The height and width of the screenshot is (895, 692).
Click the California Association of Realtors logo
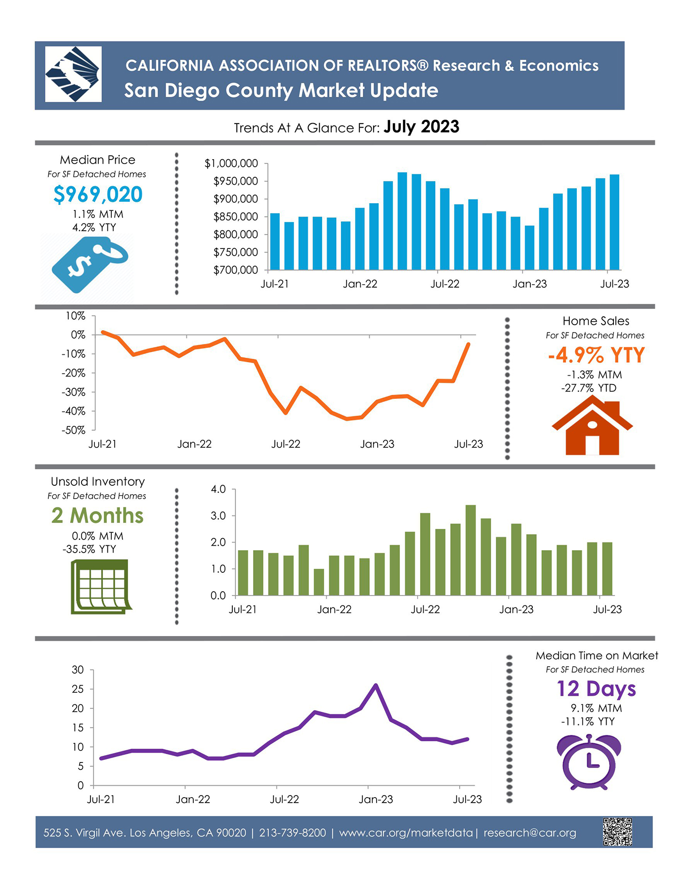(73, 74)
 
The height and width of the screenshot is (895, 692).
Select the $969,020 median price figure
(98, 194)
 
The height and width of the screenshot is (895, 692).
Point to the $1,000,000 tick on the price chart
(231, 163)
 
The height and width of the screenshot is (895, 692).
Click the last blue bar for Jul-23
(614, 222)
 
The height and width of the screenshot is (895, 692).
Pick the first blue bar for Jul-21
(275, 242)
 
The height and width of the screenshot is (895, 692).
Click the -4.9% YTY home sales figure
(596, 355)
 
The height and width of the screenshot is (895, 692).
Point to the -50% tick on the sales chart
(73, 430)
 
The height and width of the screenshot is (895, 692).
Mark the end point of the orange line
(469, 344)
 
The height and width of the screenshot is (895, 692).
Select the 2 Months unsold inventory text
(97, 515)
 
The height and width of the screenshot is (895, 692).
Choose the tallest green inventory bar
(471, 550)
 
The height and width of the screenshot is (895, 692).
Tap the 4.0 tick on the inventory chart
(218, 489)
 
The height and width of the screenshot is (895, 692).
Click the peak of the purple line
(376, 685)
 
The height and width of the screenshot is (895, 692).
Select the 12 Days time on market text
(596, 688)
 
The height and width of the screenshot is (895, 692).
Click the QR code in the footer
(617, 832)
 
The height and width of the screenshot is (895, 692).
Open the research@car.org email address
(530, 833)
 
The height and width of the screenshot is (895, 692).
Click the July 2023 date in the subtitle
(421, 127)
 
